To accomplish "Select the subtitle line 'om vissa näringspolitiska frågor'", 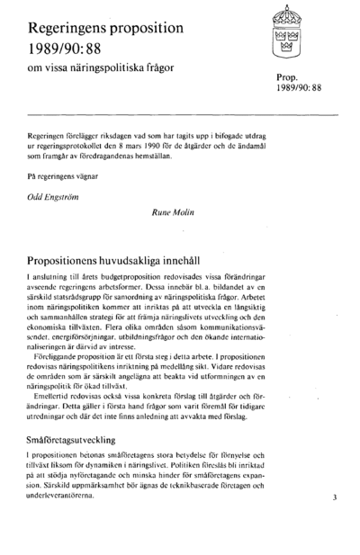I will [100, 68].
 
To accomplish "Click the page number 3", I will [332, 497].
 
